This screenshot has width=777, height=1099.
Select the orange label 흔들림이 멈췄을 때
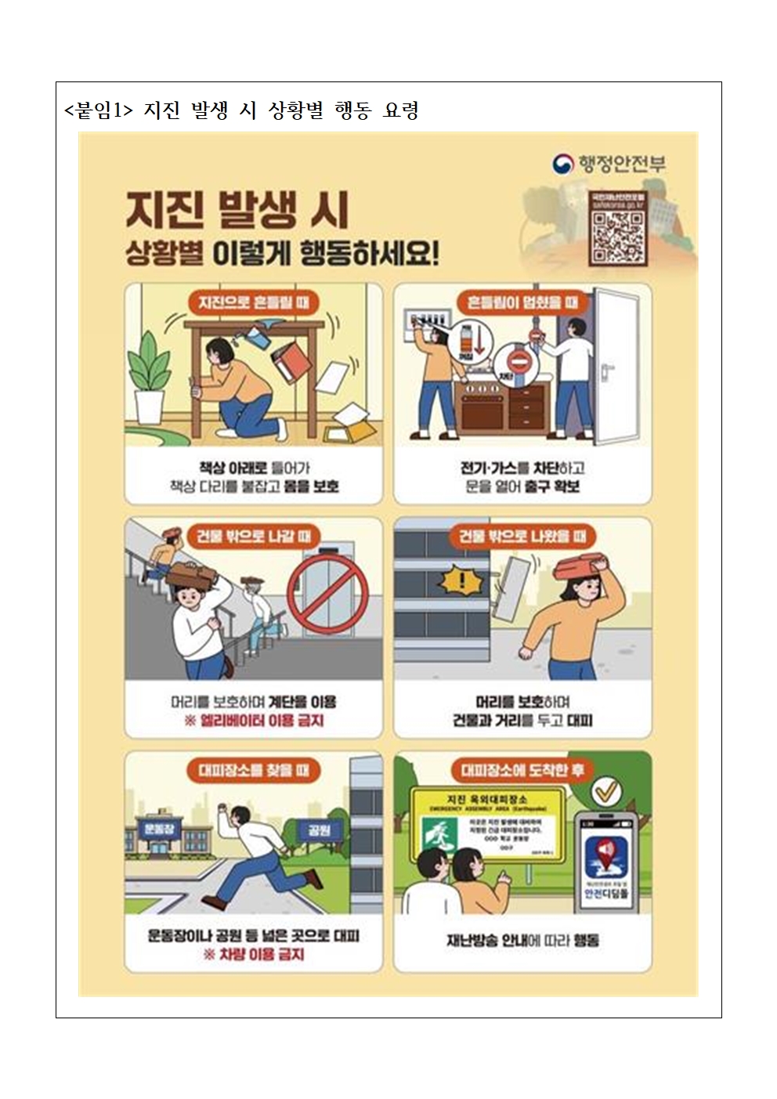click(522, 302)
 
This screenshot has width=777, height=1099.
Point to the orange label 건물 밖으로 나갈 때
click(252, 536)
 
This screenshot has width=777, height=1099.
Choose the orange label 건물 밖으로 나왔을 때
click(522, 536)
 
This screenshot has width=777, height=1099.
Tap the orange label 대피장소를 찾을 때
click(253, 770)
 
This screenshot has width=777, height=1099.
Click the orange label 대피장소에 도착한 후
click(522, 770)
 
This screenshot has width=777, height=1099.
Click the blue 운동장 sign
click(159, 827)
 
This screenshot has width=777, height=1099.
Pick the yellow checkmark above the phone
click(605, 793)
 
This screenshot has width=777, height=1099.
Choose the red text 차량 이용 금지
click(254, 954)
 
